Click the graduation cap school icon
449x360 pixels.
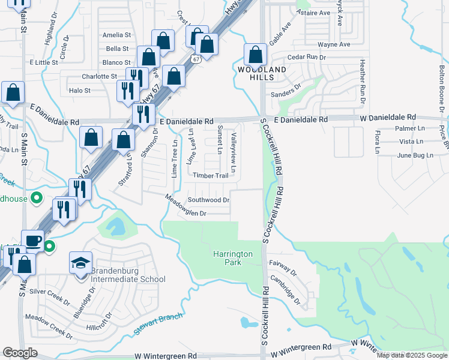pyautogui.click(x=80, y=263)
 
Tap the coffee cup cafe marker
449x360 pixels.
pyautogui.click(x=32, y=241)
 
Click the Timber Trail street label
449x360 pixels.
pyautogui.click(x=211, y=176)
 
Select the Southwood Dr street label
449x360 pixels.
pyautogui.click(x=209, y=200)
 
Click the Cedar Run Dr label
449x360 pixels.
pyautogui.click(x=306, y=57)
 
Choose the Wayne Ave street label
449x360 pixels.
pyautogui.click(x=334, y=44)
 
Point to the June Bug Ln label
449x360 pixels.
pyautogui.click(x=415, y=155)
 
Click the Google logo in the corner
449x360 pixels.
pyautogui.click(x=20, y=353)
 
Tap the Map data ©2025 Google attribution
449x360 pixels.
pyautogui.click(x=412, y=355)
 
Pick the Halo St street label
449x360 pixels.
pyautogui.click(x=80, y=91)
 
